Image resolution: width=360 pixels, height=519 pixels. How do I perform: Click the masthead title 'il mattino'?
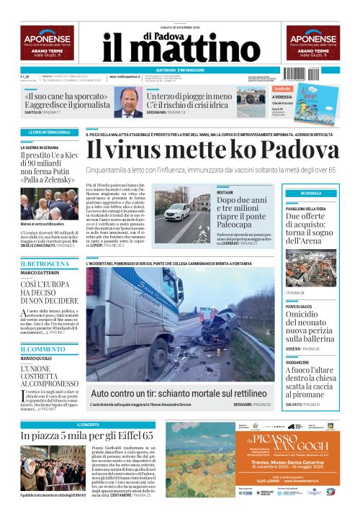pos(180,50)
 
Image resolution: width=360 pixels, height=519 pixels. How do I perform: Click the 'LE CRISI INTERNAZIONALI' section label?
pos(50,133)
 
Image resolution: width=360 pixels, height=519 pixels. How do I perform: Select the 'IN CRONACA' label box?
pos(312,194)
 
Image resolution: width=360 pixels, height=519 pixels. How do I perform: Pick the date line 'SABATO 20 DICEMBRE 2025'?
pos(179,27)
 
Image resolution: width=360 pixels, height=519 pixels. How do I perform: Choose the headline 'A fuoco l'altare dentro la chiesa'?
pos(310,383)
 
